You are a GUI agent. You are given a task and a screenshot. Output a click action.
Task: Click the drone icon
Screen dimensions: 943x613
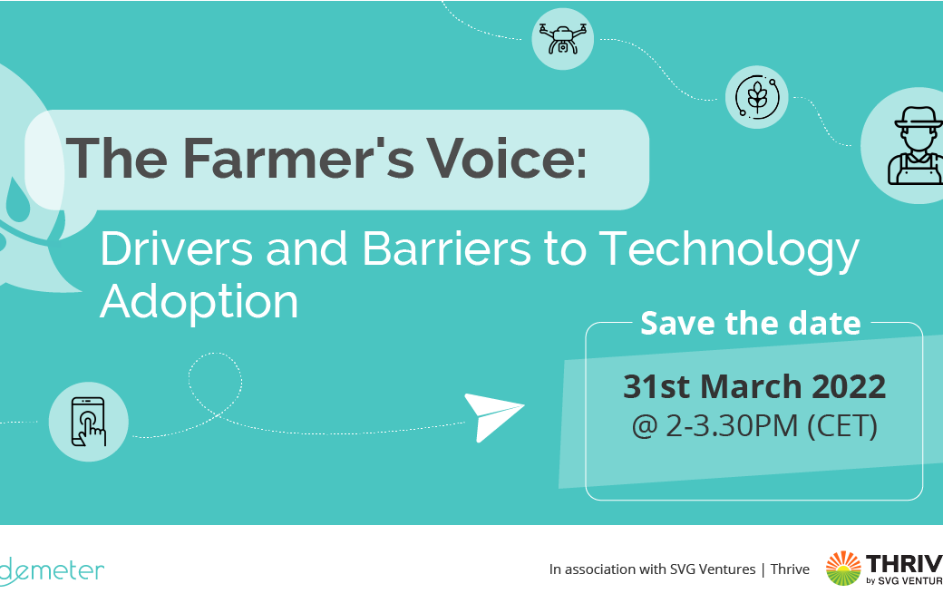(x=563, y=39)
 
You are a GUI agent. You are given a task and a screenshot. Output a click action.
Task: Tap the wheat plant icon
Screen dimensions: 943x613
(x=756, y=97)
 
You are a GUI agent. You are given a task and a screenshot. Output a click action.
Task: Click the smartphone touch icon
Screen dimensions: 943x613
(x=89, y=422)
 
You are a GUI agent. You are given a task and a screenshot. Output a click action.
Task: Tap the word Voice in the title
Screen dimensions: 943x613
(x=506, y=158)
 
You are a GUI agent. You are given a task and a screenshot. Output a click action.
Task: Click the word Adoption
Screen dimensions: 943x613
(x=199, y=303)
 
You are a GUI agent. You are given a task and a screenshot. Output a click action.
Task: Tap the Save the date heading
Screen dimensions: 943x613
(x=751, y=323)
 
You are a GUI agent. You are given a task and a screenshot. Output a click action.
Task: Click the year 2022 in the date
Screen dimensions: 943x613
(x=849, y=386)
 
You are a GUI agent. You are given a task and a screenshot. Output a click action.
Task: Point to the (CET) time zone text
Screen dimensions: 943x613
(x=842, y=426)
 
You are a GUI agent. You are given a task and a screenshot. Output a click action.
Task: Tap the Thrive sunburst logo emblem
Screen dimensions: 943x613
(x=843, y=568)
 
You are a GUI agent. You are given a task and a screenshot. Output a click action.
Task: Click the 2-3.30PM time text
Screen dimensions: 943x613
(x=732, y=426)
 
